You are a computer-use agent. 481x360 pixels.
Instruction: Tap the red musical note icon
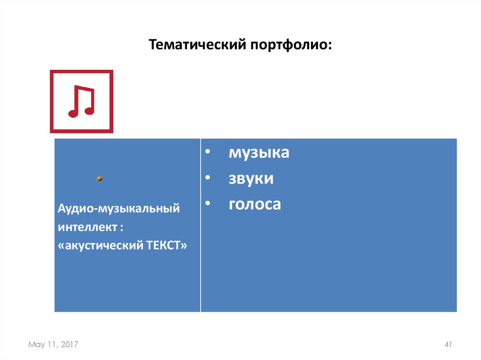(82, 101)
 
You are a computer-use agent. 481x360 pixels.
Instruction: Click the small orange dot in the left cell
(100, 178)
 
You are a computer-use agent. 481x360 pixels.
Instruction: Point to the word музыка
(259, 153)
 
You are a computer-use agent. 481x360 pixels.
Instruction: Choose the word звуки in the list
(251, 178)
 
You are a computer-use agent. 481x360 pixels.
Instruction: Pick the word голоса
(255, 204)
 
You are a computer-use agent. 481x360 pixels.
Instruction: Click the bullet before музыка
(208, 153)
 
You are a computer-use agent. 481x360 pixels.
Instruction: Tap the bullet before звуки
(208, 179)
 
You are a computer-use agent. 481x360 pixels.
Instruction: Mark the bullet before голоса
(208, 205)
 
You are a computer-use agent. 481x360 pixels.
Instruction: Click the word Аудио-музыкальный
(119, 208)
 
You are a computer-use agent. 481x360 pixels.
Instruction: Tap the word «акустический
(98, 245)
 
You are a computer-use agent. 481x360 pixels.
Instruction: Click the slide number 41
(448, 345)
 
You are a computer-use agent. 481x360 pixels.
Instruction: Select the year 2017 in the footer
(70, 345)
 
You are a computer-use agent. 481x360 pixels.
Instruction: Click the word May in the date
(36, 345)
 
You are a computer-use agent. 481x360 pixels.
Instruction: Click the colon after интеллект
(121, 228)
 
